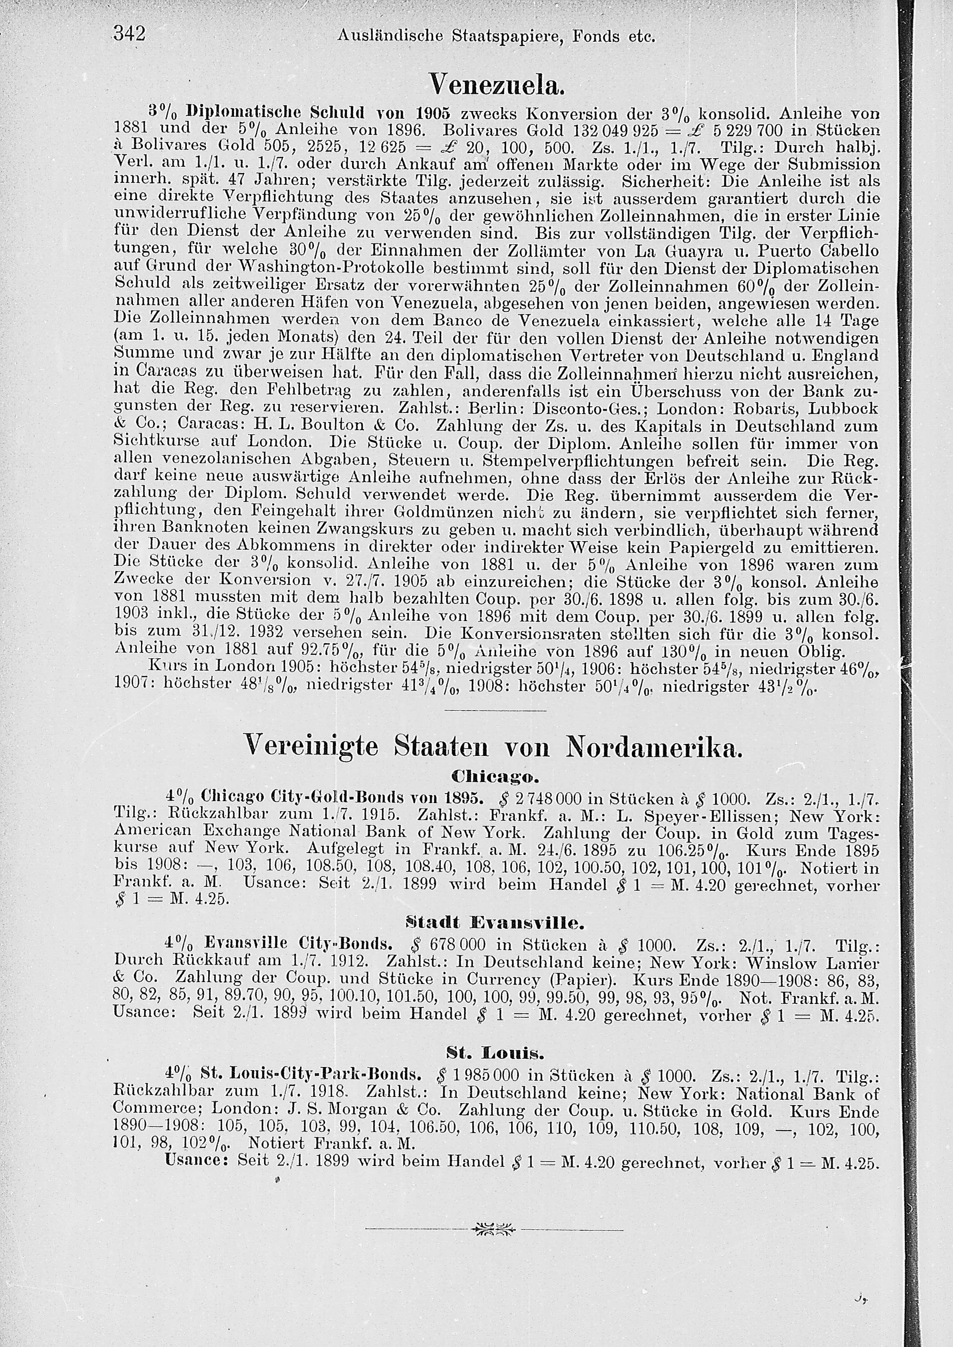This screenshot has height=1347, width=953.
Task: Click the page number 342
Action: pos(129,35)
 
